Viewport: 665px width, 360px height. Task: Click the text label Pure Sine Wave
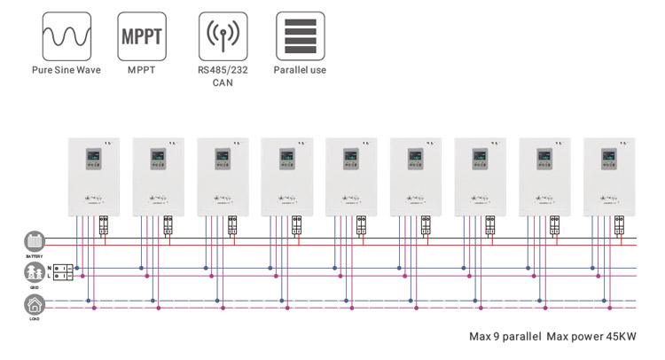pos(66,70)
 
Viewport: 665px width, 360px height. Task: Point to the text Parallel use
pos(300,70)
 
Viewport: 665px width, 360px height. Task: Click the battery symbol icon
pos(34,241)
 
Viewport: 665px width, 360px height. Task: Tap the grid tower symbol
pos(34,271)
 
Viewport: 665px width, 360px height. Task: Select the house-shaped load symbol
pos(34,304)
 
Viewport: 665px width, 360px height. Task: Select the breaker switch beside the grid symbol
pos(63,271)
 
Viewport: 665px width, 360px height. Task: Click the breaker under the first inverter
pos(105,224)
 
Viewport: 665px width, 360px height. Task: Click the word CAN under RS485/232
pos(222,82)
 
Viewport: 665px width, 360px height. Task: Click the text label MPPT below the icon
pos(140,70)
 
